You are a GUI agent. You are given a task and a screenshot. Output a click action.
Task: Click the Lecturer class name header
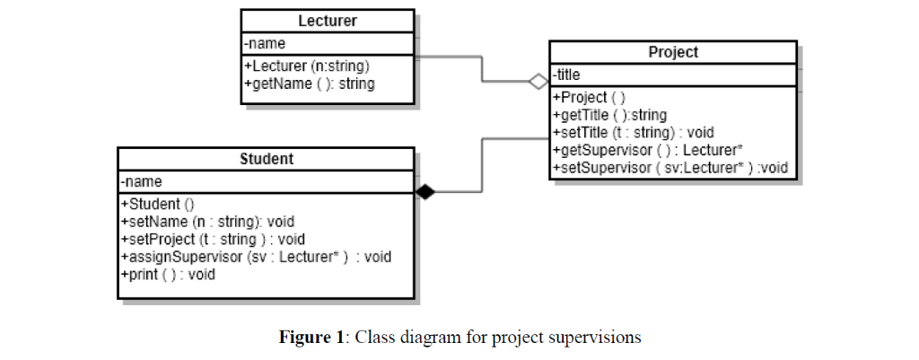(327, 21)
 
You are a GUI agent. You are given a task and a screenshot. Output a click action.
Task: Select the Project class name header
(672, 52)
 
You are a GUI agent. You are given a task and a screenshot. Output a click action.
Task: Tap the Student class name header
(267, 160)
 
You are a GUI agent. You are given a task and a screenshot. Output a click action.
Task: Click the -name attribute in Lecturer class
(267, 43)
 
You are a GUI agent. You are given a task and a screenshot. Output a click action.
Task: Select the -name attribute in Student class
(143, 182)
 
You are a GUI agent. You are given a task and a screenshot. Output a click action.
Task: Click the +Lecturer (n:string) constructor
(307, 66)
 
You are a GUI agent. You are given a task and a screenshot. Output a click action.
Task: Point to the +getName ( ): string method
(310, 83)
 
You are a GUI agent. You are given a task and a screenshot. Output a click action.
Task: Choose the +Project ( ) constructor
(590, 98)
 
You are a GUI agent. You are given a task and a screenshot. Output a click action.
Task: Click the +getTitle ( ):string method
(609, 115)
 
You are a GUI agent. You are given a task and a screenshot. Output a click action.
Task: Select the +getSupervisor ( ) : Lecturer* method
(646, 150)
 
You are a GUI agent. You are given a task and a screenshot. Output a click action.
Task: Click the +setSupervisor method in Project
(670, 168)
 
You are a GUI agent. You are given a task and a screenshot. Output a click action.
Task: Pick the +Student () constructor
(156, 204)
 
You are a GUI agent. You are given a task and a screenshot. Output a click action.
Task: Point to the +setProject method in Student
(213, 239)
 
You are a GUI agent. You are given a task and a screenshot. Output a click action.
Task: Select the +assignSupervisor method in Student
(255, 257)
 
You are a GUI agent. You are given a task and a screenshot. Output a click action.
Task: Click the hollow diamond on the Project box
(538, 81)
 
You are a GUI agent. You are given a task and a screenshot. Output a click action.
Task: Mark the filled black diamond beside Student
(424, 191)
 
